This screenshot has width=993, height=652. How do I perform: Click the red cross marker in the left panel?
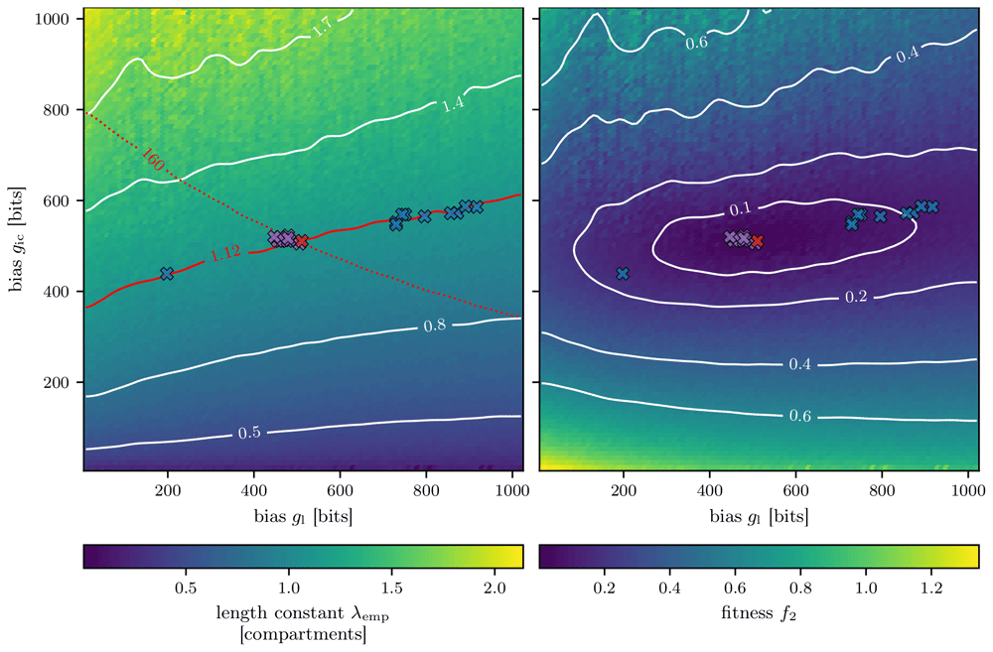302,240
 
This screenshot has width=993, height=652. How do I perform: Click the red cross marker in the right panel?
757,240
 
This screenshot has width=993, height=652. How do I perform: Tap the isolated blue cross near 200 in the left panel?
167,274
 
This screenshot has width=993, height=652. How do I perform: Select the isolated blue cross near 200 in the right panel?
623,274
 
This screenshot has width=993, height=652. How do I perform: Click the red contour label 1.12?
225,253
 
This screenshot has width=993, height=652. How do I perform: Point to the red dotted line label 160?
153,160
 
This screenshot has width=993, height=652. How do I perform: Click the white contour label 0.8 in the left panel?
435,326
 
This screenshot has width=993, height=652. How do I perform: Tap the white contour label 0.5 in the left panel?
249,433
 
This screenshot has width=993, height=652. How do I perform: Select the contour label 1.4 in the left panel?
453,102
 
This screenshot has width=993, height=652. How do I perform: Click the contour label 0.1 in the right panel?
740,208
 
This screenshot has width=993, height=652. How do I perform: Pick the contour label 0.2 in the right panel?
856,297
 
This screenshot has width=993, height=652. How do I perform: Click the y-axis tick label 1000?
52,19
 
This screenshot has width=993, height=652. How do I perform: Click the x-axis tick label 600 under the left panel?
340,490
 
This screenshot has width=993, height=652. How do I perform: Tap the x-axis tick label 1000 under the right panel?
967,490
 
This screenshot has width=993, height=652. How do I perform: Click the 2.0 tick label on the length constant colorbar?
495,588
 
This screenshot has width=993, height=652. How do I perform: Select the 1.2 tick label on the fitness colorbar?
931,588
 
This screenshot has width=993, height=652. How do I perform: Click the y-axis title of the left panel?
17,239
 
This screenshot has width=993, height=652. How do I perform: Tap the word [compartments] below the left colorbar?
303,634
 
